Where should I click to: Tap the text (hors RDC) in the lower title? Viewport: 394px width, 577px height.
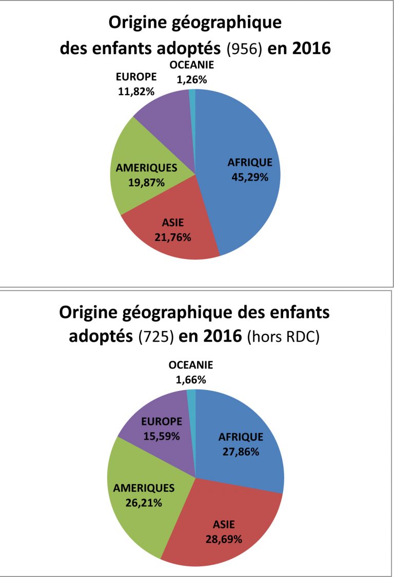coord(283,338)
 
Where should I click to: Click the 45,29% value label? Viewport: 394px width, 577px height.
coord(250,176)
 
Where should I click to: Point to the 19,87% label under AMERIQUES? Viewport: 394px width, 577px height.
coord(147,182)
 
